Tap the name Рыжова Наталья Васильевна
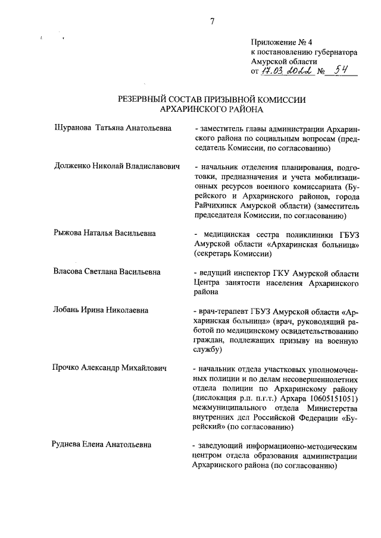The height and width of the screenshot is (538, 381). pyautogui.click(x=105, y=233)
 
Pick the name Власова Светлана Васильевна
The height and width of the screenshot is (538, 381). pyautogui.click(x=107, y=272)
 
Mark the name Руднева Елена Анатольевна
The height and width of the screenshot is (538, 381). pyautogui.click(x=101, y=445)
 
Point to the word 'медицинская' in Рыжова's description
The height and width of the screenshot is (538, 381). pyautogui.click(x=228, y=233)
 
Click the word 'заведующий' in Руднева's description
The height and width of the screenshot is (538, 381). pyautogui.click(x=225, y=445)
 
